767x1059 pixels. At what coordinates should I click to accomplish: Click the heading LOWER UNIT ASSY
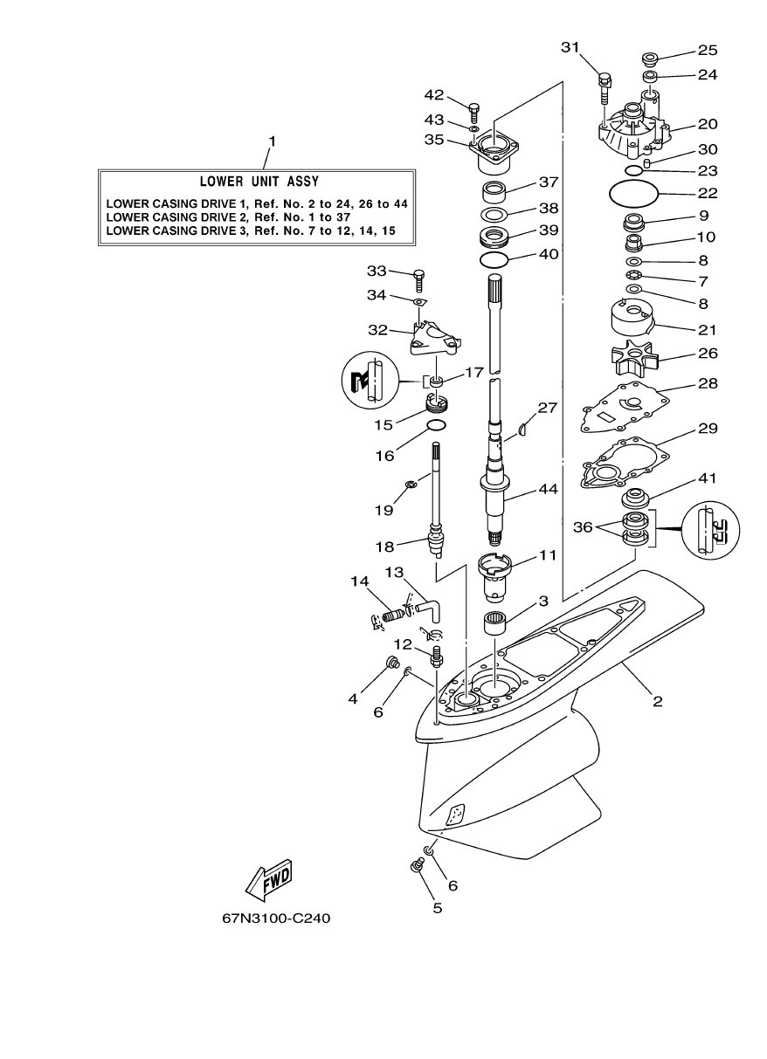[259, 182]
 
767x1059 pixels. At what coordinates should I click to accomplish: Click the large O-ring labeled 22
[631, 192]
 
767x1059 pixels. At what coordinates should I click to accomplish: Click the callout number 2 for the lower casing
[657, 701]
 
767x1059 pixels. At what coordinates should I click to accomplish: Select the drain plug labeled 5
[416, 866]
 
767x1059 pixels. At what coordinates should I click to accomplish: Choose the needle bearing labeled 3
[498, 628]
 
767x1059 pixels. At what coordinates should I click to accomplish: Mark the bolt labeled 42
[474, 112]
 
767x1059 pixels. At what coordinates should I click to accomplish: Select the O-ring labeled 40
[494, 260]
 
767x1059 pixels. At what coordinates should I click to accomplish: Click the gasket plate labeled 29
[626, 464]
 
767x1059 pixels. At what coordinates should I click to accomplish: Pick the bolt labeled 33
[418, 278]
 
